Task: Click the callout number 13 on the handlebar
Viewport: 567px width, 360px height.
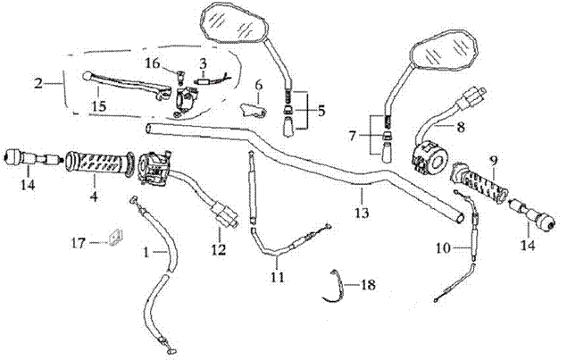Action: pyautogui.click(x=360, y=214)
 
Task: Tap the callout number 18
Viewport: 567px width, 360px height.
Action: pyautogui.click(x=369, y=284)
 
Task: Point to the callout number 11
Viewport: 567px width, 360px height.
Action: pyautogui.click(x=278, y=277)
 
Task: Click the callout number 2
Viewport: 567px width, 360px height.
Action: pyautogui.click(x=38, y=84)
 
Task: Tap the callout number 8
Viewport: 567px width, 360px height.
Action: pyautogui.click(x=461, y=128)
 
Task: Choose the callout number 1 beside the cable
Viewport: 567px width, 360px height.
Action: pyautogui.click(x=146, y=253)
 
